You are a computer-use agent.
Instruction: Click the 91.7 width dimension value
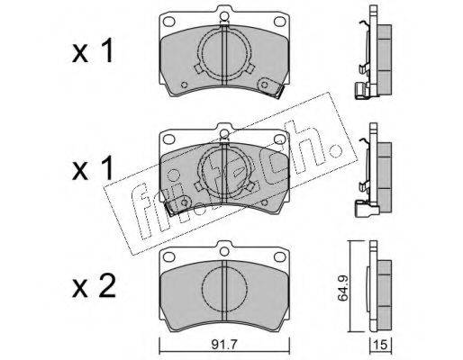click(x=224, y=345)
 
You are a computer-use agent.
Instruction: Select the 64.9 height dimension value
click(x=342, y=288)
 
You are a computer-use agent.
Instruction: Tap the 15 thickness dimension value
click(x=380, y=345)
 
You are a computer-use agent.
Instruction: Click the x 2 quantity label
click(x=94, y=286)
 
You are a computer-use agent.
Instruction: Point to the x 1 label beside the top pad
click(x=93, y=50)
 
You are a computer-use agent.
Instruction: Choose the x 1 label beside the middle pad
click(x=93, y=168)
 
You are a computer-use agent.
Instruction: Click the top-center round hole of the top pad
click(x=224, y=15)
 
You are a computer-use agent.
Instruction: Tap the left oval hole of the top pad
click(x=168, y=22)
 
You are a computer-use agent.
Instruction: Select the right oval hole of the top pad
click(x=280, y=22)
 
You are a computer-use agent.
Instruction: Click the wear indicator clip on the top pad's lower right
click(x=271, y=87)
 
